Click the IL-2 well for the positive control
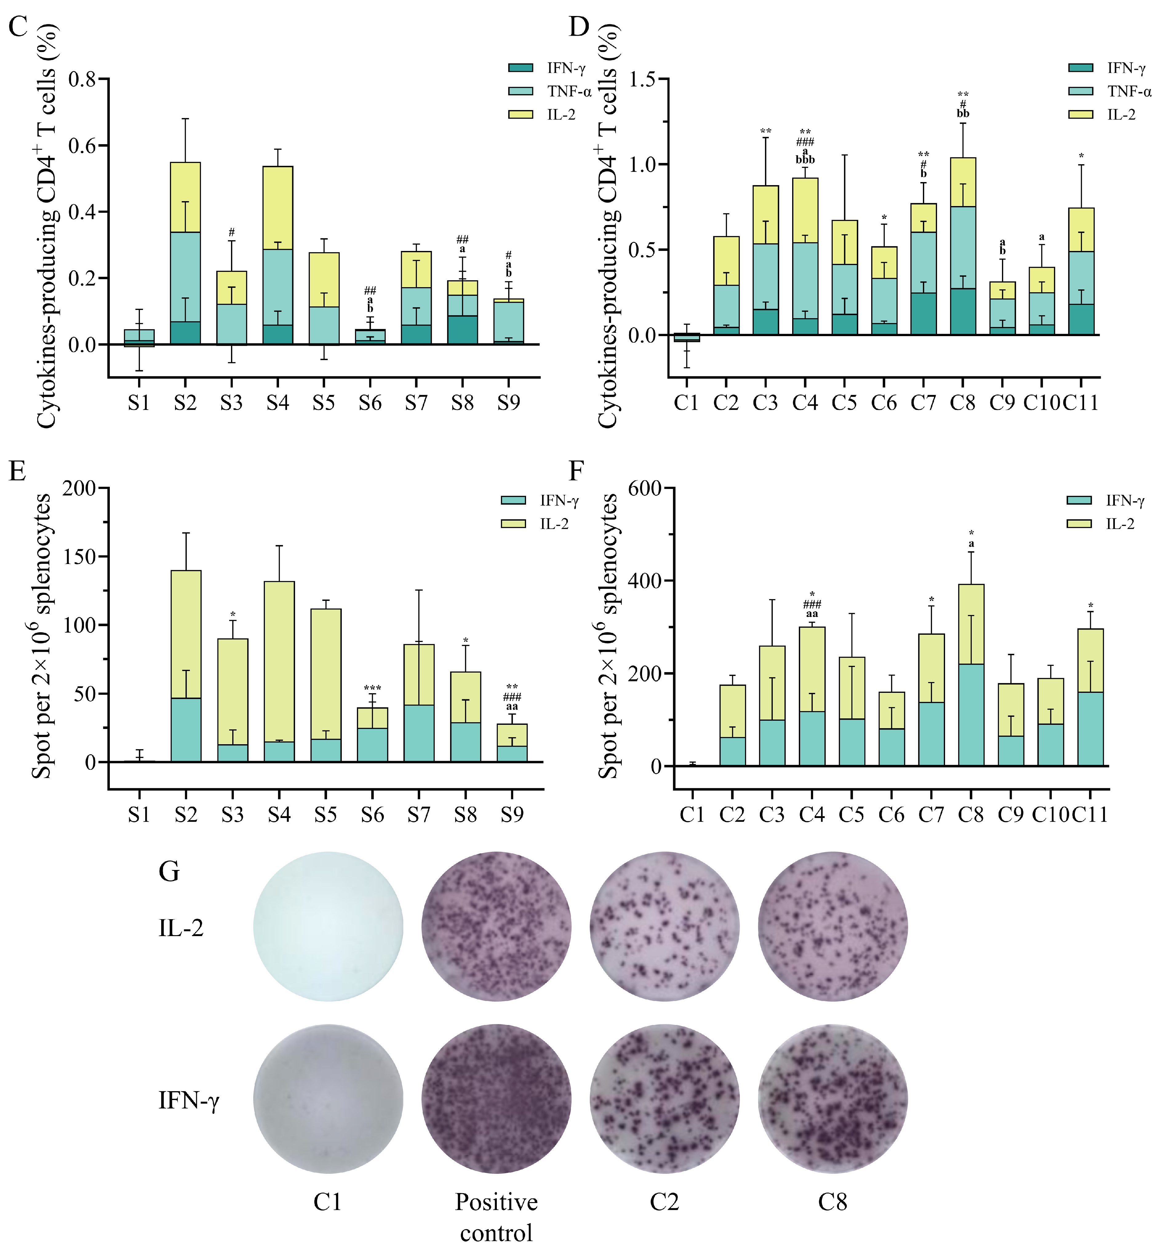(497, 926)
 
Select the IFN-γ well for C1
(328, 1098)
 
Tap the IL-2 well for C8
(833, 926)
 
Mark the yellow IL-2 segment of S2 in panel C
(186, 197)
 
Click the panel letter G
(169, 872)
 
